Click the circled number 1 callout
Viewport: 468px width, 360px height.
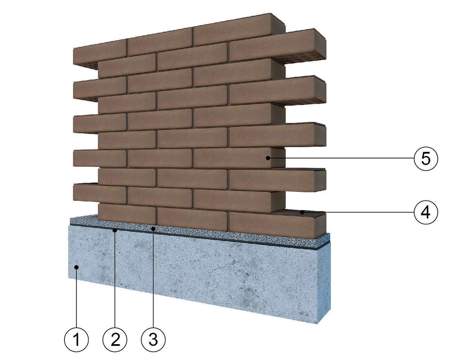tap(76, 340)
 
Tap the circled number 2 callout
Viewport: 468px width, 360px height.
tap(115, 340)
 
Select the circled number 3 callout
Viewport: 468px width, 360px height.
tap(153, 340)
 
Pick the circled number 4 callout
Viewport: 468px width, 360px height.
tap(426, 212)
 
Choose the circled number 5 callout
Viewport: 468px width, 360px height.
tap(426, 158)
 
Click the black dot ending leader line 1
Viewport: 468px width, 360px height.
tap(76, 267)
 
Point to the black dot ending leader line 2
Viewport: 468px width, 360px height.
tap(115, 230)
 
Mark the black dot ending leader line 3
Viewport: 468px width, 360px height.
tap(153, 229)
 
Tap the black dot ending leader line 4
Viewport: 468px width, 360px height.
tap(302, 212)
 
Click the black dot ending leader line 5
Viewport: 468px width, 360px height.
tap(268, 158)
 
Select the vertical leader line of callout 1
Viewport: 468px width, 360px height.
tap(76, 298)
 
